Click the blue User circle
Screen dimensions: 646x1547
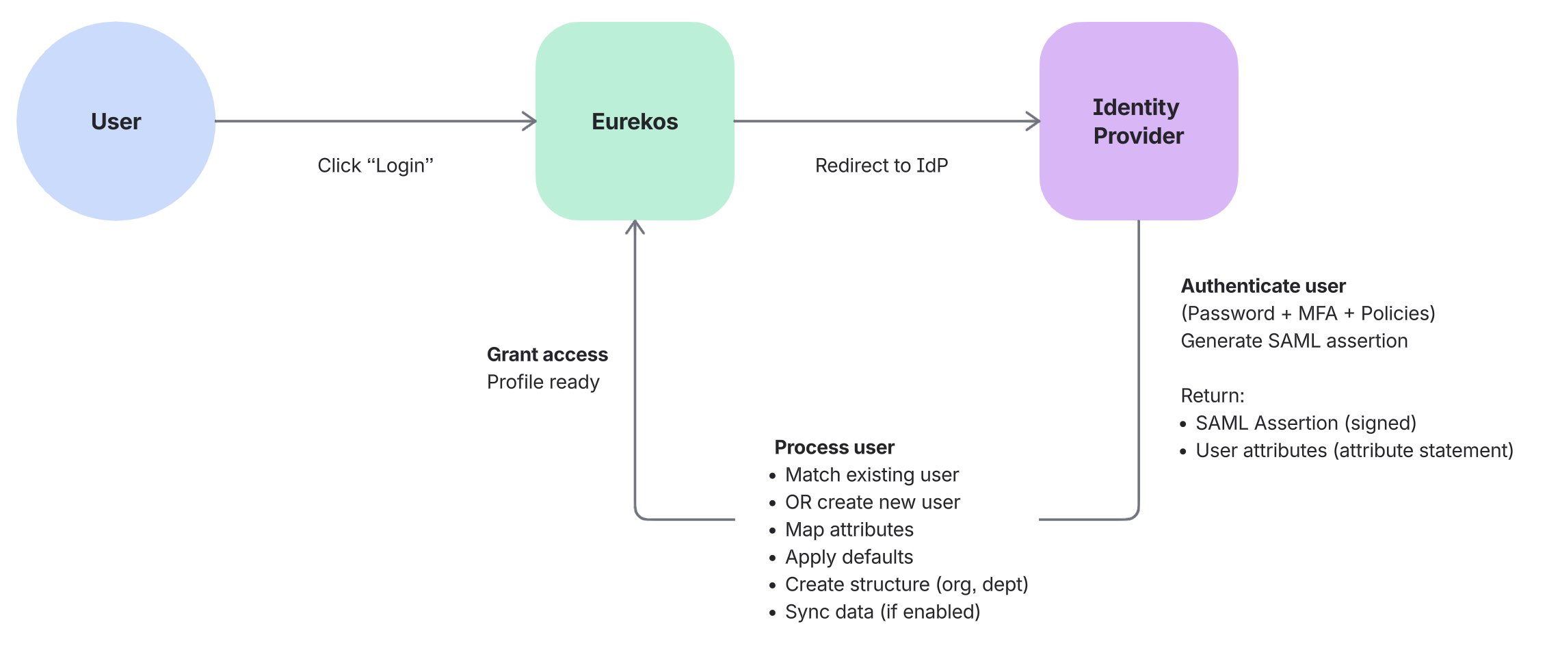(116, 121)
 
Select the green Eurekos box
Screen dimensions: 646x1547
(635, 121)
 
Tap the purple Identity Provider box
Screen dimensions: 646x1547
(1138, 121)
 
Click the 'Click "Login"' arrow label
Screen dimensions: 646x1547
(375, 166)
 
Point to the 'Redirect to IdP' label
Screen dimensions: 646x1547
(881, 166)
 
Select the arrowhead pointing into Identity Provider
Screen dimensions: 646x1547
(1033, 121)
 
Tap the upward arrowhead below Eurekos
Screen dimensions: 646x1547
(635, 227)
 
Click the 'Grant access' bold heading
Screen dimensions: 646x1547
(547, 354)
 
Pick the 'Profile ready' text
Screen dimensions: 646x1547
(543, 382)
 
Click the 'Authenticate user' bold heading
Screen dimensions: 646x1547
(1262, 286)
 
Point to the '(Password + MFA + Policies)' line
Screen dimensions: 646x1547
(1308, 313)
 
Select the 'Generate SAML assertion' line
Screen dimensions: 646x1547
(1294, 341)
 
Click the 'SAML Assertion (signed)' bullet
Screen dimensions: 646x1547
(1305, 423)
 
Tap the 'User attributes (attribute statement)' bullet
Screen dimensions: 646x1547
(1353, 450)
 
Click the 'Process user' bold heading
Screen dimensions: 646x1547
(834, 448)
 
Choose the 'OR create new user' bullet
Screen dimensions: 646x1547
(872, 502)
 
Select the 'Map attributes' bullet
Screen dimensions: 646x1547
(849, 530)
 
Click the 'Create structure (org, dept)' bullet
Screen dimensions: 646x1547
(906, 584)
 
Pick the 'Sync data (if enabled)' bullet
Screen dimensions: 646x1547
(882, 612)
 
